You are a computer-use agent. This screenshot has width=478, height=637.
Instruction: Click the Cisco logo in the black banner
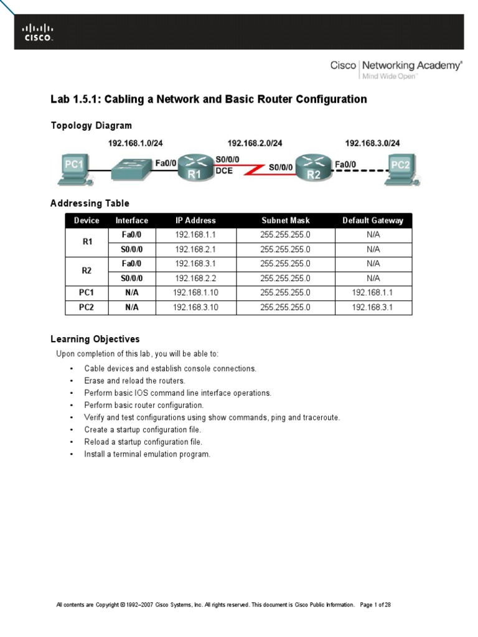click(x=38, y=32)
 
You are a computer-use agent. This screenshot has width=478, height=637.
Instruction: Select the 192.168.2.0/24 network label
click(x=255, y=143)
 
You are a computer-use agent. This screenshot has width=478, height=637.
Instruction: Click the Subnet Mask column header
click(x=285, y=220)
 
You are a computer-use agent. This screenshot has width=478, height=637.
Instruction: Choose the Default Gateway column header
click(x=373, y=220)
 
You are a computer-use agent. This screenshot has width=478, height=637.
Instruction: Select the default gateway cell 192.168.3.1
click(x=373, y=307)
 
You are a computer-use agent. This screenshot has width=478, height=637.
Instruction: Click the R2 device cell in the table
click(x=87, y=271)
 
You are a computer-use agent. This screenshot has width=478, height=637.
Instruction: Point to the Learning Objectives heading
click(x=95, y=339)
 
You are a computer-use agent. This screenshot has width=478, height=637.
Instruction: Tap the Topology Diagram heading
click(x=91, y=126)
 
